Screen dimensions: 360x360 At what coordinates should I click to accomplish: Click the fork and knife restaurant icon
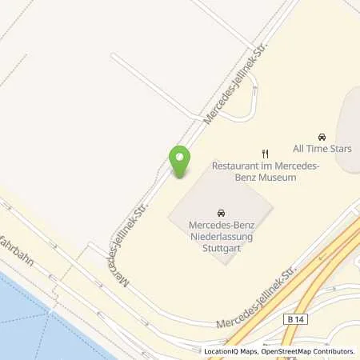pyautogui.click(x=266, y=154)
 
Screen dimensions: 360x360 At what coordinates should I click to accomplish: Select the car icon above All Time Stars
pyautogui.click(x=322, y=137)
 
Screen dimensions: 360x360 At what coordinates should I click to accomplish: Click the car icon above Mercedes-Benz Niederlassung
pyautogui.click(x=220, y=213)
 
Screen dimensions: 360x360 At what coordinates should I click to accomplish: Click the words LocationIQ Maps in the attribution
pyautogui.click(x=231, y=351)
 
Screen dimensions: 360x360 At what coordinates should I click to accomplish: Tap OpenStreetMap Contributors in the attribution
pyautogui.click(x=308, y=351)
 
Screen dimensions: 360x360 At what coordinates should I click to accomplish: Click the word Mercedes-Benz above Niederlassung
pyautogui.click(x=220, y=226)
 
